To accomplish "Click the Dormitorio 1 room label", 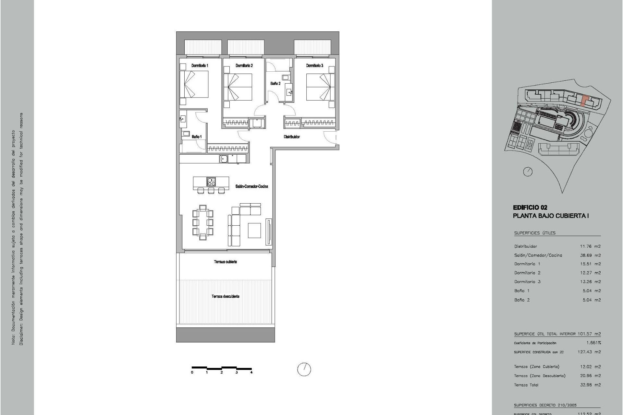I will point(200,65).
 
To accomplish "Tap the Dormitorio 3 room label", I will point(314,65).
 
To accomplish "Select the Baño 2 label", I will point(275,84).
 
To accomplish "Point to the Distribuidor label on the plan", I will point(292,137).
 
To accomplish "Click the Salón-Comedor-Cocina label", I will point(252,186).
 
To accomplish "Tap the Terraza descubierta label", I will point(226,296).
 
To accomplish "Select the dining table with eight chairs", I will point(203,222).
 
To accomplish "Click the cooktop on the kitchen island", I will point(211,182).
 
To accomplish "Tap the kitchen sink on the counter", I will point(223,159).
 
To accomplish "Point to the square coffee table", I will point(254,230).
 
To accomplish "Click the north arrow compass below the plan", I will point(304,369).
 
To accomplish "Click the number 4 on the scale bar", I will point(251,373).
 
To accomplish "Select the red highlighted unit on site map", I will point(584,101).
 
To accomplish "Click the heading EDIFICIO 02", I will point(530,207).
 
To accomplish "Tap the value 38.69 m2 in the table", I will point(590,255).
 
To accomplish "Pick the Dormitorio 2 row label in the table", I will point(527,273).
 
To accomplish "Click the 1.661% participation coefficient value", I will point(593,343).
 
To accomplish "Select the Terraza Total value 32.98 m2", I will point(590,385).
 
